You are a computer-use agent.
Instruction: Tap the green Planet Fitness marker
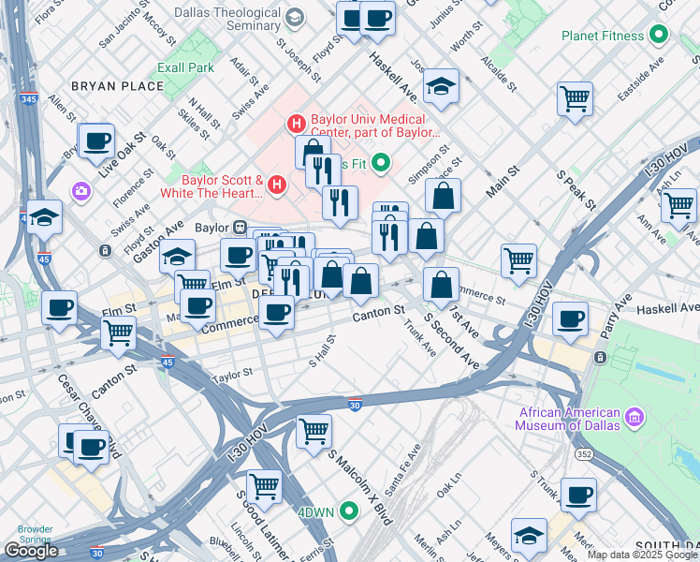[659, 37]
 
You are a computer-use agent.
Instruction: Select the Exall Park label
[186, 67]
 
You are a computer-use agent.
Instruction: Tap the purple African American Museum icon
[634, 415]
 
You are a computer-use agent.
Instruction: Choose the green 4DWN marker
[349, 511]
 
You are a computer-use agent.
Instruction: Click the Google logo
[31, 550]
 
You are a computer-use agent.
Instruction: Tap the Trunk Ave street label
[420, 339]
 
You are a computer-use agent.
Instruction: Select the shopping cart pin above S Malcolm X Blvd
[314, 431]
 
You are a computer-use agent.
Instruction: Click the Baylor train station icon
[239, 227]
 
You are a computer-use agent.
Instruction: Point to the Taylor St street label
[232, 373]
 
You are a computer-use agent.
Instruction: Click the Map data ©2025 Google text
[642, 554]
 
